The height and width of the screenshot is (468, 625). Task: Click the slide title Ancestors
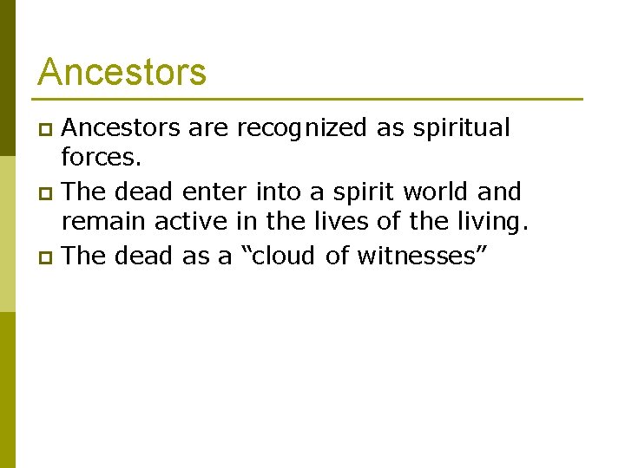pos(122,72)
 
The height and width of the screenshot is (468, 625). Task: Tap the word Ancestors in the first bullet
pos(121,128)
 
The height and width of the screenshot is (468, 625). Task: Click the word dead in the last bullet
pos(144,256)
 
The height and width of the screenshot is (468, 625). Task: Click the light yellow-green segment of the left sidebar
pos(7,234)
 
